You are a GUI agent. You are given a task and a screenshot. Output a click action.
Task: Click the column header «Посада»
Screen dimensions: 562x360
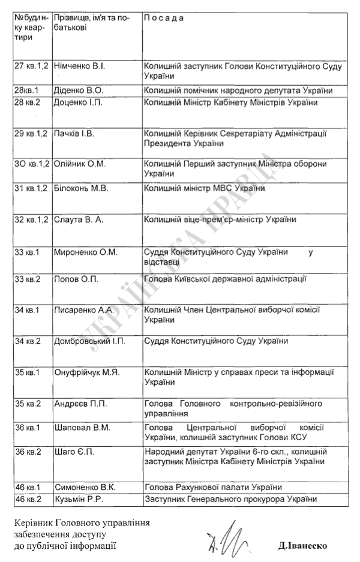click(164, 18)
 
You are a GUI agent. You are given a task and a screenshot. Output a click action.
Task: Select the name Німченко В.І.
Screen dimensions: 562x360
click(79, 65)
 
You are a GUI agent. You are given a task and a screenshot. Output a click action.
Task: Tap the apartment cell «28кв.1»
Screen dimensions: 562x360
click(27, 91)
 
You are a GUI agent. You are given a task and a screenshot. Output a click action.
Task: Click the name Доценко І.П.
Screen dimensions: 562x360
click(77, 103)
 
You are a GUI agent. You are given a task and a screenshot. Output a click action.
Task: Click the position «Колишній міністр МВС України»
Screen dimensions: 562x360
click(203, 190)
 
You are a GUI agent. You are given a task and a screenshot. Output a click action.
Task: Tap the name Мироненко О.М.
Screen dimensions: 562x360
click(83, 253)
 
